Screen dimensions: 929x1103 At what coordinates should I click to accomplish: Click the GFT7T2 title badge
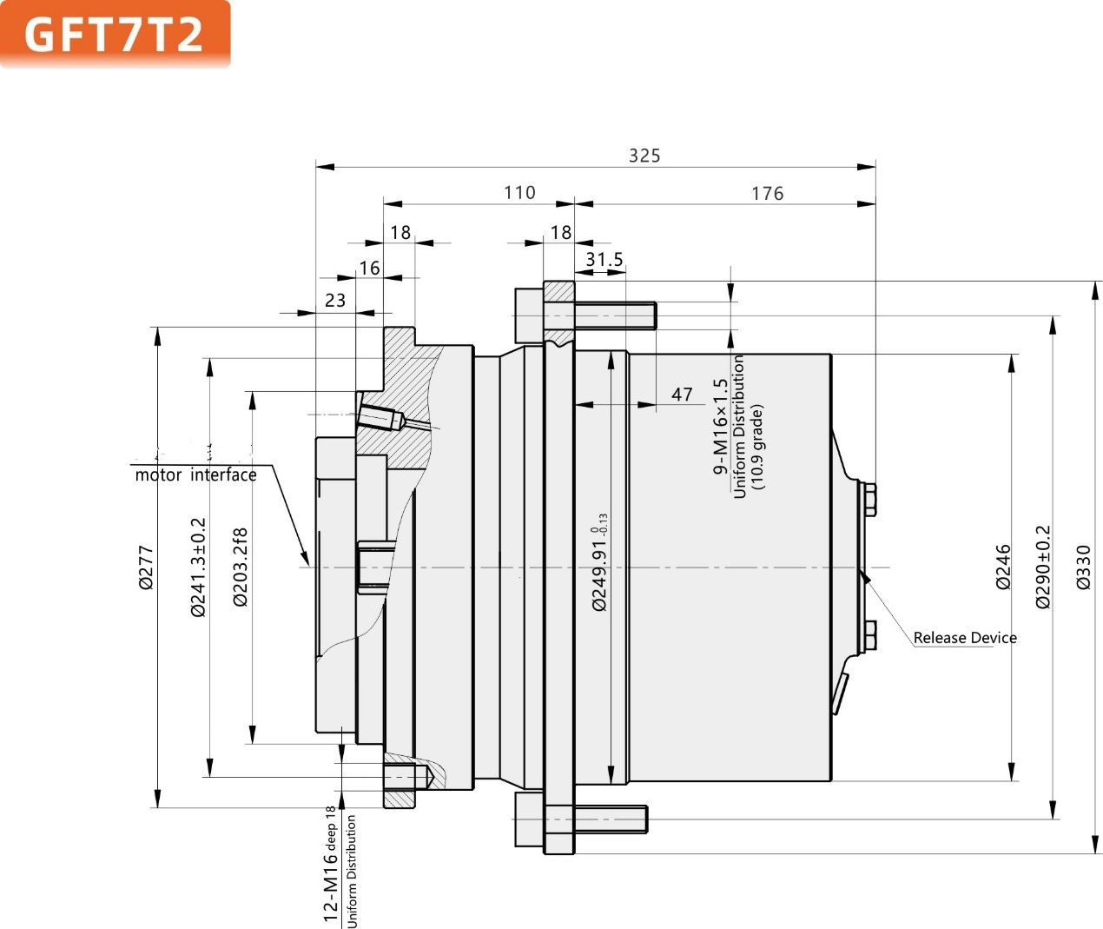(x=115, y=34)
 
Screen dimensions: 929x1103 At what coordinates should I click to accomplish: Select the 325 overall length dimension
(x=644, y=156)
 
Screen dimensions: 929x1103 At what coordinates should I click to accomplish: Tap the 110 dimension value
(x=519, y=193)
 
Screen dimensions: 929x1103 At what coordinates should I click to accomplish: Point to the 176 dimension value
(x=767, y=194)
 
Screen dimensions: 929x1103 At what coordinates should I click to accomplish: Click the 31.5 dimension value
(x=604, y=260)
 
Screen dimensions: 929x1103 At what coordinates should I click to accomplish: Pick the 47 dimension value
(x=682, y=395)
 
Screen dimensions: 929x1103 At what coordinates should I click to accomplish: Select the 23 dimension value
(x=335, y=301)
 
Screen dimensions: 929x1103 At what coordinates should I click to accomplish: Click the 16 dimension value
(x=370, y=269)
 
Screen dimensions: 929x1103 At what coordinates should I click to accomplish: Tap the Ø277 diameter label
(x=146, y=567)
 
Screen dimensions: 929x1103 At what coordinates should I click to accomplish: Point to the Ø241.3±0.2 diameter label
(x=198, y=567)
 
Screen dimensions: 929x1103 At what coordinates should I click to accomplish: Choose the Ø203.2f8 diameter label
(x=241, y=567)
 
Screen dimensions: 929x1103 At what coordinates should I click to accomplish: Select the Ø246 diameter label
(x=1003, y=567)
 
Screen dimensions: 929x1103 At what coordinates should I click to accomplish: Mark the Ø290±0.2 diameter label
(x=1043, y=567)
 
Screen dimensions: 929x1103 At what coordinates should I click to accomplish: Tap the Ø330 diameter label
(x=1083, y=567)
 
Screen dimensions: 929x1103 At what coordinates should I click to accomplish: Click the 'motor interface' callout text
(x=195, y=475)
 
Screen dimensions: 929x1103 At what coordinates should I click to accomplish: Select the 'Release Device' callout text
(x=964, y=638)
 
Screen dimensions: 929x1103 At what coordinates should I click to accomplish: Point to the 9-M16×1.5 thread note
(x=720, y=427)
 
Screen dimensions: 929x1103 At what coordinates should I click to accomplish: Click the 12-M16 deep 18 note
(x=330, y=865)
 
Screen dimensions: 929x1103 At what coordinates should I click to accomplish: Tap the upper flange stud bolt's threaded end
(x=643, y=315)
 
